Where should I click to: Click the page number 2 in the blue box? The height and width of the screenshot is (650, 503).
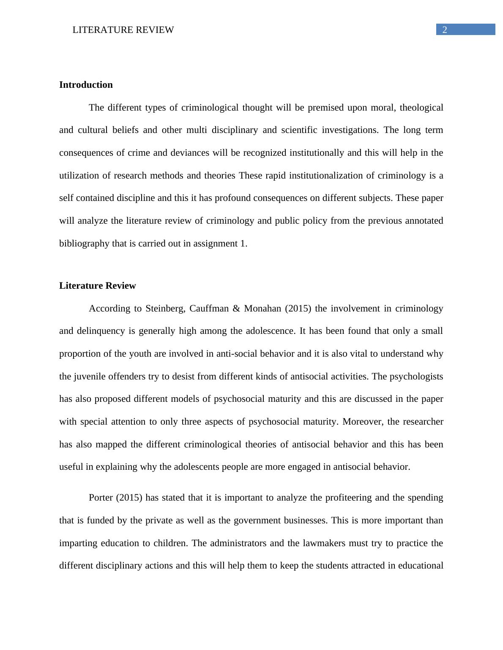(x=444, y=30)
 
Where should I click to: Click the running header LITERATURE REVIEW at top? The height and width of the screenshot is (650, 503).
(x=123, y=30)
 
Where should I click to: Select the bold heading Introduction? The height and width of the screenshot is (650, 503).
(x=86, y=85)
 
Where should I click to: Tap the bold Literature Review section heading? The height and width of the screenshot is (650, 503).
(x=97, y=286)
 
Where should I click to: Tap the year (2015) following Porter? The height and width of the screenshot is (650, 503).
(x=128, y=498)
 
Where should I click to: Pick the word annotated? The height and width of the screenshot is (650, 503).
(x=424, y=221)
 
